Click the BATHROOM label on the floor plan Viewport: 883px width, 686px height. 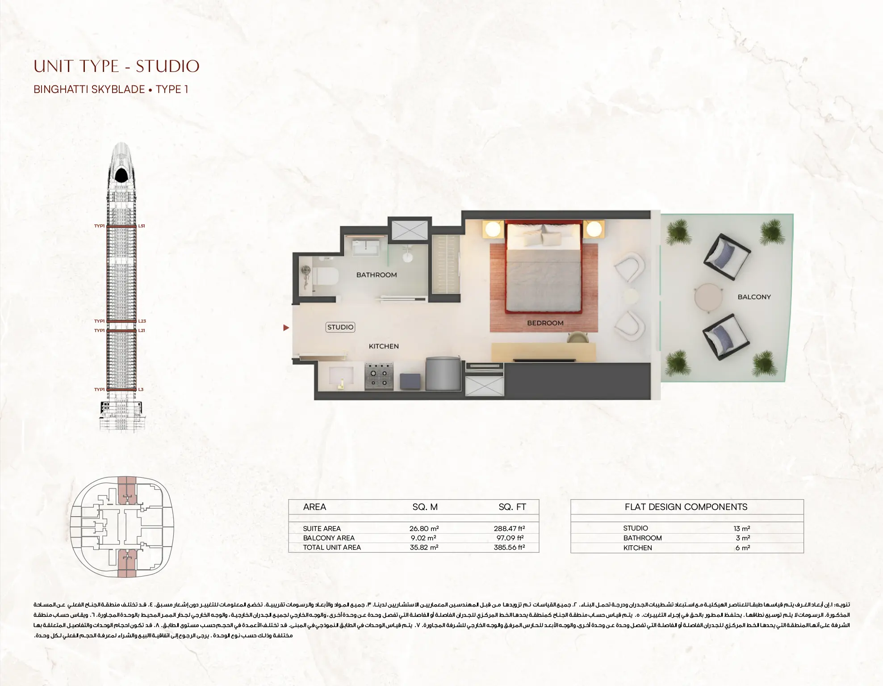click(x=376, y=275)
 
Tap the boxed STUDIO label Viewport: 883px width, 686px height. click(x=340, y=327)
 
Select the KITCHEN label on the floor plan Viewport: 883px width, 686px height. click(x=383, y=346)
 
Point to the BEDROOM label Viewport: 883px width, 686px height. click(x=545, y=323)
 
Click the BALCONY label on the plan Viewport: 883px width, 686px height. click(x=754, y=297)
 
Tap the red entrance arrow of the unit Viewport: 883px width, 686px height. click(x=286, y=328)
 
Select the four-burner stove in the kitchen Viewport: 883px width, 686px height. click(x=379, y=376)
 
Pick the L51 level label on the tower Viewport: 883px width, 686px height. click(x=142, y=226)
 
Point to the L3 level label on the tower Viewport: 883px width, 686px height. click(x=141, y=390)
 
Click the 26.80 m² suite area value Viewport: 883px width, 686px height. click(x=424, y=529)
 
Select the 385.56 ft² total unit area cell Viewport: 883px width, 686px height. click(x=509, y=547)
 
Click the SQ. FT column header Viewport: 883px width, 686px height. click(x=512, y=507)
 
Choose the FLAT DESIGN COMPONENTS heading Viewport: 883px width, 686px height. click(x=686, y=507)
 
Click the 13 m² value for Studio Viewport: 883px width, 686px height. click(x=742, y=529)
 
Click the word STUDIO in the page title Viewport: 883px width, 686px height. click(x=167, y=67)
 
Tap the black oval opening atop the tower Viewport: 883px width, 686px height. click(x=121, y=175)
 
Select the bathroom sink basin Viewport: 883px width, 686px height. click(x=365, y=246)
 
